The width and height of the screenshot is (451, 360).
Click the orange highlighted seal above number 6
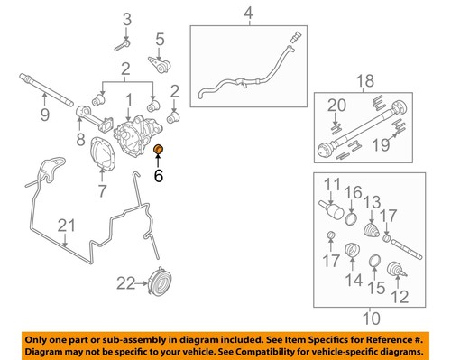(x=159, y=149)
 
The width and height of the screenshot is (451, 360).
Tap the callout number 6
(x=159, y=178)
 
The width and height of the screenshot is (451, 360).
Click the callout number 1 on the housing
(x=130, y=99)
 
